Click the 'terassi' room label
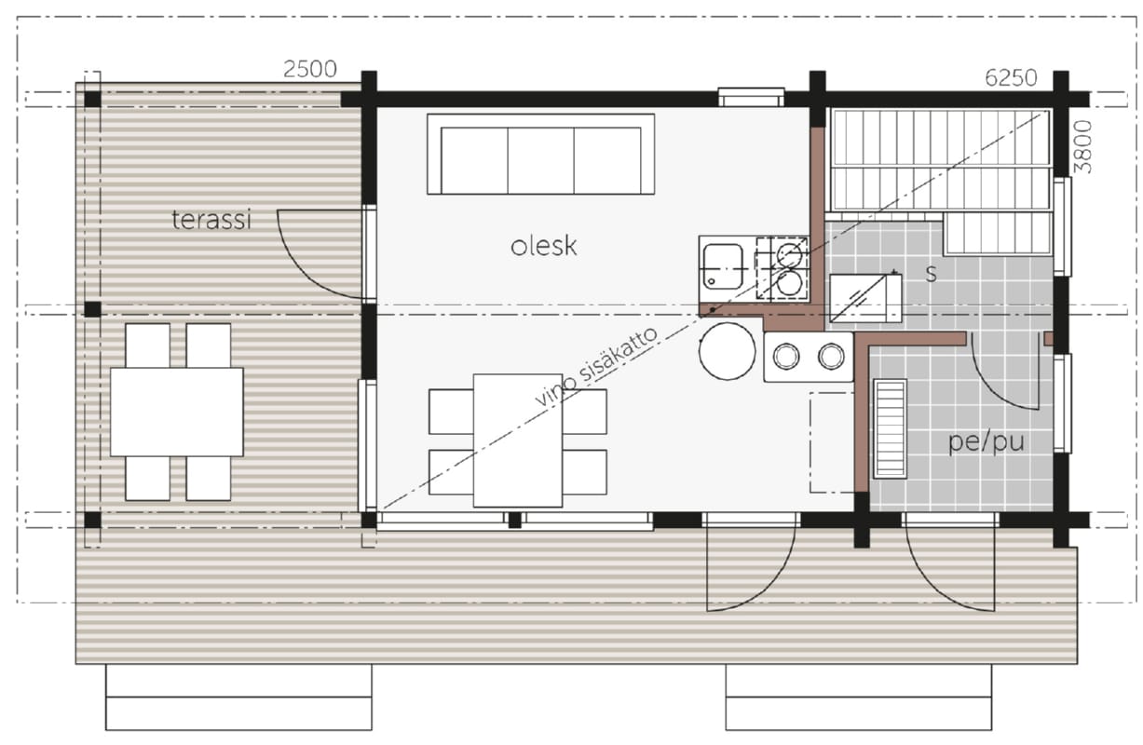(x=211, y=220)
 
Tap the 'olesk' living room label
(x=543, y=246)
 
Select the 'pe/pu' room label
(x=986, y=442)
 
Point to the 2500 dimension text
(x=309, y=70)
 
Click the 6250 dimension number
(x=1011, y=78)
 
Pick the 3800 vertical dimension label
(x=1082, y=147)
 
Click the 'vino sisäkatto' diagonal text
(x=596, y=367)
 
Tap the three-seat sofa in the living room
(x=541, y=154)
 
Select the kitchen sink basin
(x=723, y=267)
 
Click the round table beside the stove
(x=728, y=351)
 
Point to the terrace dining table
(x=177, y=412)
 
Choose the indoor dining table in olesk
(x=518, y=440)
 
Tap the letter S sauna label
(x=932, y=274)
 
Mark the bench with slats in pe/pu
(x=890, y=428)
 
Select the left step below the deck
(x=238, y=697)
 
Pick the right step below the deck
(x=859, y=697)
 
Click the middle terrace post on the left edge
(x=92, y=309)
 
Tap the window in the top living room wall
(x=751, y=97)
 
